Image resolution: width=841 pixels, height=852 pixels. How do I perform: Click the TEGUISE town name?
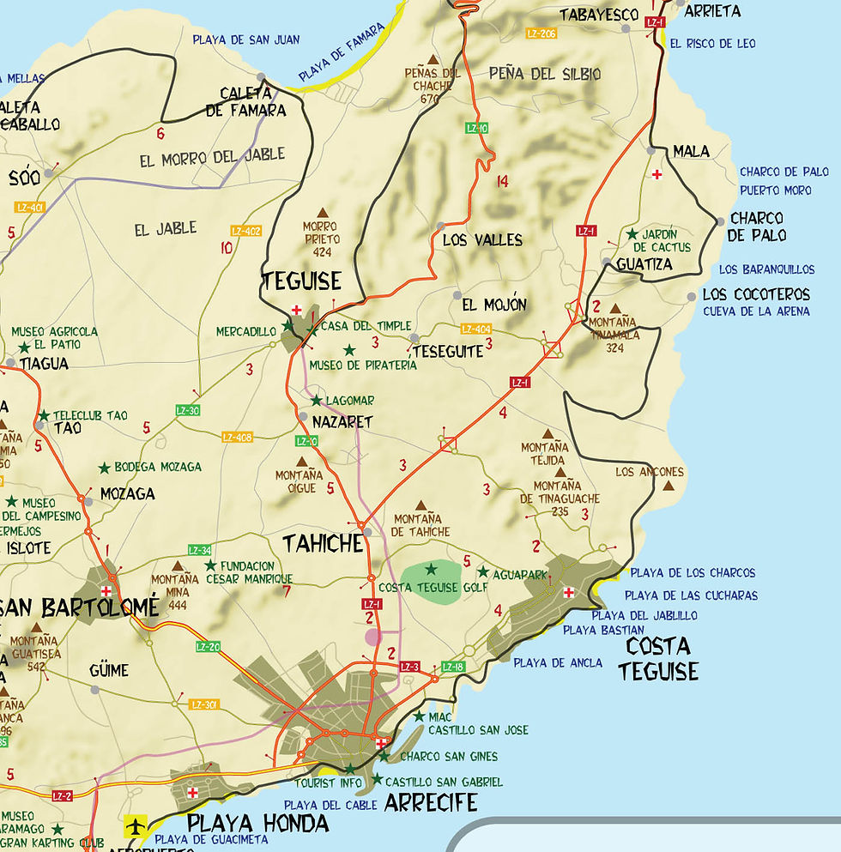click(x=301, y=281)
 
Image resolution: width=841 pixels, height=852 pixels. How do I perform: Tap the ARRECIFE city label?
click(x=431, y=803)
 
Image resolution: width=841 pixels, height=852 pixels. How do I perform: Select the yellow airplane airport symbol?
click(x=136, y=826)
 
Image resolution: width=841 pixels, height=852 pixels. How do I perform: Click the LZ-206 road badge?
click(x=542, y=33)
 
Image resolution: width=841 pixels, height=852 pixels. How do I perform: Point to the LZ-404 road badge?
click(x=475, y=329)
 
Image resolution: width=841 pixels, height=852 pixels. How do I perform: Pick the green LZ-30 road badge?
click(x=187, y=410)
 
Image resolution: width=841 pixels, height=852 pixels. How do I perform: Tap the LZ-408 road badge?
click(x=237, y=437)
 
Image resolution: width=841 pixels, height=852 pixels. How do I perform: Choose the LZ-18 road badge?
click(x=453, y=667)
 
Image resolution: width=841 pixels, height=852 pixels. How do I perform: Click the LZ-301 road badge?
click(x=204, y=704)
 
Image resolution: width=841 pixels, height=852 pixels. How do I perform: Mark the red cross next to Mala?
click(x=656, y=175)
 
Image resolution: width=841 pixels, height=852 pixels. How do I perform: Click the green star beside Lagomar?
click(x=316, y=401)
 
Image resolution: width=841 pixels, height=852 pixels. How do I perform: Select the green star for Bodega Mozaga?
click(x=104, y=468)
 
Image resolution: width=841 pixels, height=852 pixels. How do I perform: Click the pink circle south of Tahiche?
click(x=372, y=637)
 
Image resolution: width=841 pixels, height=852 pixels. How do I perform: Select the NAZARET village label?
click(x=342, y=422)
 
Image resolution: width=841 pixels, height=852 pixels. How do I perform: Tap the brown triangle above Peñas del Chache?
click(x=433, y=61)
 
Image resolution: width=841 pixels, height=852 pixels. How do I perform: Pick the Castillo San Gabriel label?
click(x=444, y=782)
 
